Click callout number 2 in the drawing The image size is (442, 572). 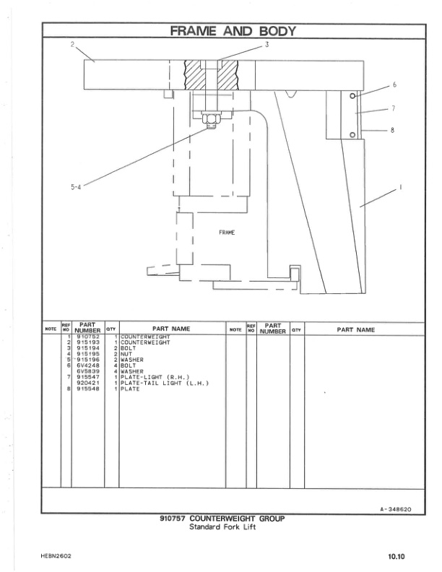[x=72, y=45]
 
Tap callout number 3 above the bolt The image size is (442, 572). [x=266, y=45]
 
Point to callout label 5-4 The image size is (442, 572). [x=76, y=186]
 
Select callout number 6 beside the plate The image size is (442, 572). [x=394, y=85]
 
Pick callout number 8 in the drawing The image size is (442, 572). [x=392, y=130]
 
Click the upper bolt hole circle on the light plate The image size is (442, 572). [x=352, y=96]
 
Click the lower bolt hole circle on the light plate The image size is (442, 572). [x=352, y=134]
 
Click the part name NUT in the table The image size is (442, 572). [x=126, y=354]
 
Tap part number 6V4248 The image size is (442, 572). [x=87, y=365]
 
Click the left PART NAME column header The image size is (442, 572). [x=171, y=329]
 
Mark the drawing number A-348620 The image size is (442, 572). [x=395, y=509]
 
